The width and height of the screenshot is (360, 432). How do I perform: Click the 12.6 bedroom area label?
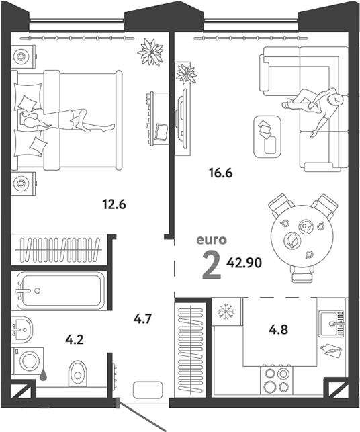click(114, 204)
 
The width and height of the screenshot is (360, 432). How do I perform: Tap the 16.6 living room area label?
click(220, 173)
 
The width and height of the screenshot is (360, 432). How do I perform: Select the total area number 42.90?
click(244, 263)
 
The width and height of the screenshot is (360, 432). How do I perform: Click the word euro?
click(212, 240)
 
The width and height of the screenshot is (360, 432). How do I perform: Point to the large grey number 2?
click(212, 265)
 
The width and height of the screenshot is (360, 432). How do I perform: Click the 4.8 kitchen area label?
click(279, 329)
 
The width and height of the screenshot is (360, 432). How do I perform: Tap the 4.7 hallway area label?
click(142, 319)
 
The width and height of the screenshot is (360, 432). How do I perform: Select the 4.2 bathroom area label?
click(75, 339)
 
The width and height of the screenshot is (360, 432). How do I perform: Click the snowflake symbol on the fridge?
click(226, 312)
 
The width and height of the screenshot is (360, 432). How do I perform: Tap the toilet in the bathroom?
click(77, 374)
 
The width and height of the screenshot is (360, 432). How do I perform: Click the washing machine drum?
click(29, 361)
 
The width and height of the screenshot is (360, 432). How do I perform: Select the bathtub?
click(61, 290)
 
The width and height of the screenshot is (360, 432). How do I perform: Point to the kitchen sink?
click(332, 323)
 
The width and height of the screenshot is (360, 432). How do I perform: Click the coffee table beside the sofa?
click(267, 136)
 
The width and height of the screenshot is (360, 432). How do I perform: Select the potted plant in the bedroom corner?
click(150, 52)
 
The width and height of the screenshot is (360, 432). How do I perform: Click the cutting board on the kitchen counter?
click(331, 350)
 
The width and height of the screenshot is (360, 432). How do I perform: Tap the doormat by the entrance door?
click(148, 390)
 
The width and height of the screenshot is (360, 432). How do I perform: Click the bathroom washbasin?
click(23, 329)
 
